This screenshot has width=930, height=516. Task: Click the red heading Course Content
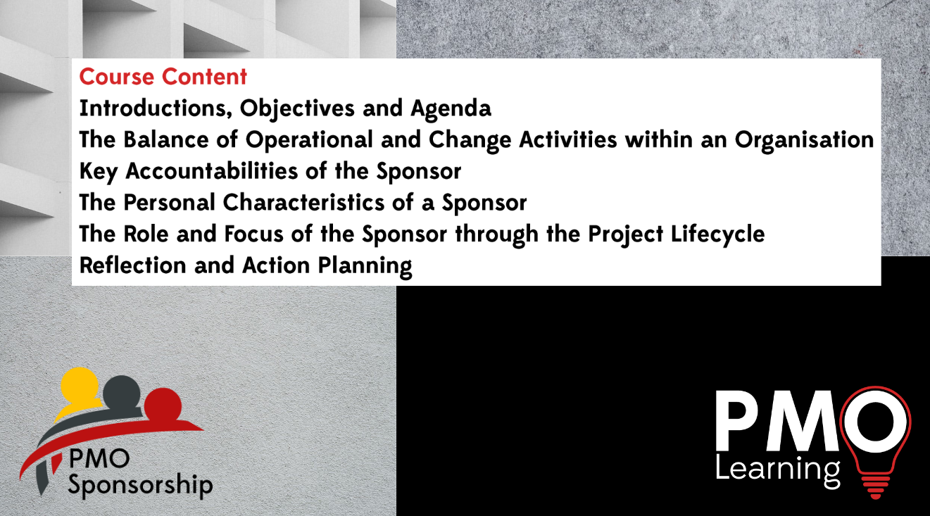163,76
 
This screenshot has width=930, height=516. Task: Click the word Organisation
804,139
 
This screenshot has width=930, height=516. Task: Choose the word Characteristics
315,203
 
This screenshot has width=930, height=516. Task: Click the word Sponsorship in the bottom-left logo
140,486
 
